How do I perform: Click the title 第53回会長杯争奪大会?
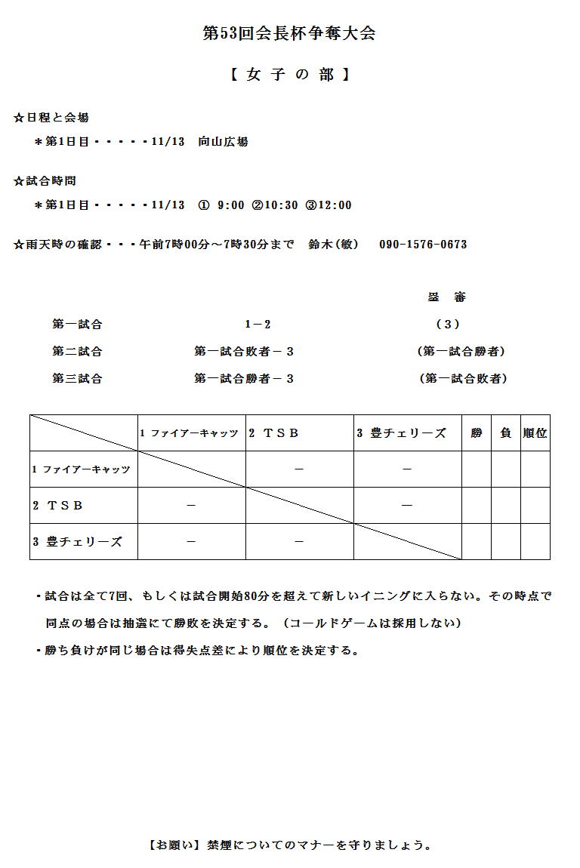coord(289,33)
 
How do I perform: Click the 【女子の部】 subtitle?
coord(289,75)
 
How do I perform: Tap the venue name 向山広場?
coord(223,142)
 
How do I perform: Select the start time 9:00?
coord(230,205)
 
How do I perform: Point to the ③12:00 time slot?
coord(329,205)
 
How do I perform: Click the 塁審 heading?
coord(447,297)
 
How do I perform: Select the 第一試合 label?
coord(77,325)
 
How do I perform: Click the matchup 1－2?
coord(258,325)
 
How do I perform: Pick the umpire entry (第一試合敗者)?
coord(462,379)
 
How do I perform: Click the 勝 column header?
coord(477,433)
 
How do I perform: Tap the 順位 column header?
coord(535,433)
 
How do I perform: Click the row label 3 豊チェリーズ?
coord(77,542)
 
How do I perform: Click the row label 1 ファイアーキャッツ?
coord(81,469)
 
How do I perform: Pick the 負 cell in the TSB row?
coord(506,506)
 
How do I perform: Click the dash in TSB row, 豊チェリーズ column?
coord(407,506)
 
